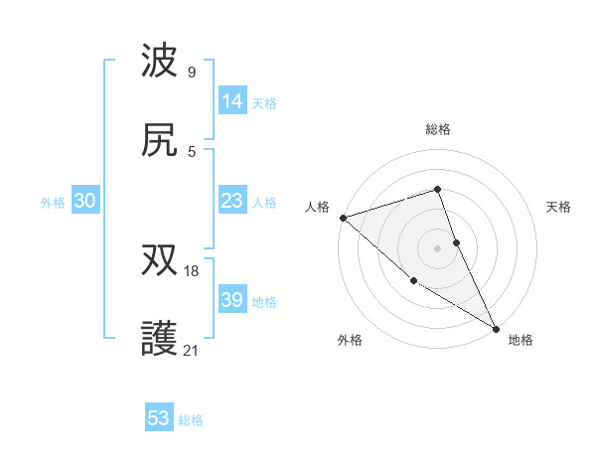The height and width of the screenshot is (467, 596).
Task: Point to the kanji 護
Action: coord(160,339)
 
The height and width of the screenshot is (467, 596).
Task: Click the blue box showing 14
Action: coord(232,101)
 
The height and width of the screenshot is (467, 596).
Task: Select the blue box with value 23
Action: coord(232,201)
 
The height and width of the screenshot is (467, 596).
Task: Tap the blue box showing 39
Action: coord(232,300)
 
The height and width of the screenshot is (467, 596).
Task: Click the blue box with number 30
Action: coord(84,201)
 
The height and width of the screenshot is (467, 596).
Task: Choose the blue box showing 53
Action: coord(159,418)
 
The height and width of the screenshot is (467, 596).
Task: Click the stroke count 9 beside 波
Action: coord(192,72)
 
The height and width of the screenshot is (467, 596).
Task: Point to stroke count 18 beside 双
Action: coord(192,270)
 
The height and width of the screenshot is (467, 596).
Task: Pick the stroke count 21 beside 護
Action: coord(192,350)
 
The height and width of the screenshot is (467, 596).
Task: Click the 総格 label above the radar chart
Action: coord(438,129)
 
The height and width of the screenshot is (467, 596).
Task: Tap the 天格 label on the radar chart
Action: coord(559,207)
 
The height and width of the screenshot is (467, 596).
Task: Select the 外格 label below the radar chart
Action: coord(350,340)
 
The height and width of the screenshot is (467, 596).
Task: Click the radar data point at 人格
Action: coord(343,218)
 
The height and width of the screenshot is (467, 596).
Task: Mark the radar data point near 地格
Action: coord(496,327)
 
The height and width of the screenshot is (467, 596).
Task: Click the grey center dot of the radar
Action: coord(438,248)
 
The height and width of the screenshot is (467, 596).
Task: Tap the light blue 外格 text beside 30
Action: coord(53,202)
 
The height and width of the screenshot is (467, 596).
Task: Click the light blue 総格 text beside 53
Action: coord(191,420)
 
